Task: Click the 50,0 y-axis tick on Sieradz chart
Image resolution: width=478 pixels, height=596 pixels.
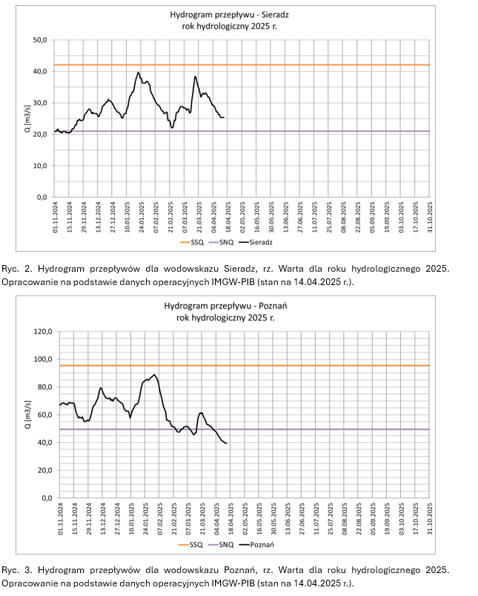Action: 39,39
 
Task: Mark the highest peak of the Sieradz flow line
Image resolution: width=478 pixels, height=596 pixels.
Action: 139,73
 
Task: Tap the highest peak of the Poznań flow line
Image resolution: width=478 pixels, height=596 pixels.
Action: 154,375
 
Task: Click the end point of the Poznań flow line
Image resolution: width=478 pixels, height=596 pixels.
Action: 225,443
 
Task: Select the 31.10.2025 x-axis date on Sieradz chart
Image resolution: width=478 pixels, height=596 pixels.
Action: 428,216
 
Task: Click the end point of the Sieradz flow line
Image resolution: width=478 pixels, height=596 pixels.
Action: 224,118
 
